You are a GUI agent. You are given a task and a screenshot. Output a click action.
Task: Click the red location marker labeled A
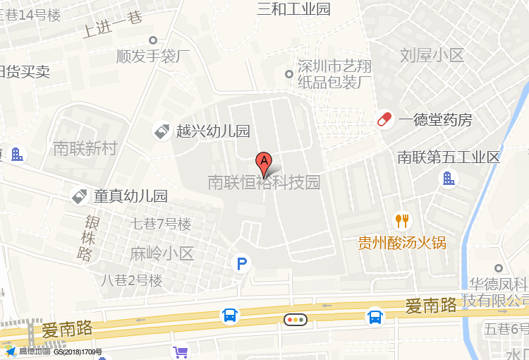(x=264, y=164)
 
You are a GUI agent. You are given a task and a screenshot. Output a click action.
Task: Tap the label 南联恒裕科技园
(x=264, y=183)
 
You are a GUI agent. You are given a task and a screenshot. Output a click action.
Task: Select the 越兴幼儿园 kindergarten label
(x=213, y=131)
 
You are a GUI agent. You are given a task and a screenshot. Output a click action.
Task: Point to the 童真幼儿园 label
(x=130, y=196)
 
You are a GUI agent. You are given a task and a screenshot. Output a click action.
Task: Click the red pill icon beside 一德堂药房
(x=384, y=119)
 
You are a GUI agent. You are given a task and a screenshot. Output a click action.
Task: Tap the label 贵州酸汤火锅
(x=402, y=244)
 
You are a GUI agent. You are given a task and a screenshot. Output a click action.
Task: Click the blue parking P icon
(x=242, y=265)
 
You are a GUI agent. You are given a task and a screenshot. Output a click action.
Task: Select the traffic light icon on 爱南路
(x=296, y=319)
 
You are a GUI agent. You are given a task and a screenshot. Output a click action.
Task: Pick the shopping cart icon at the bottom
(x=181, y=352)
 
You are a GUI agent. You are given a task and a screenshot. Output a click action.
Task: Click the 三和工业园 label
(x=294, y=9)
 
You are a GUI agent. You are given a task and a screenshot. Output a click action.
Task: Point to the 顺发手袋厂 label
(x=153, y=56)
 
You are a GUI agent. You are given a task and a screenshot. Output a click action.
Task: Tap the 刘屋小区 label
(x=432, y=55)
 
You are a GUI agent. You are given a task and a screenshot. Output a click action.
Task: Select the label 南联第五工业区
(x=449, y=157)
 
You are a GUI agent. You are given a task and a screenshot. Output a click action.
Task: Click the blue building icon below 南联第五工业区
(x=448, y=179)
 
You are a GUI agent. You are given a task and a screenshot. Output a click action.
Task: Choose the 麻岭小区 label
(x=162, y=253)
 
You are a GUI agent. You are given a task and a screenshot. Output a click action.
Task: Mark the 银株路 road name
(x=87, y=239)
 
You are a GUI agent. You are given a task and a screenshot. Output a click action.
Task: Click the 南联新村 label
(x=85, y=148)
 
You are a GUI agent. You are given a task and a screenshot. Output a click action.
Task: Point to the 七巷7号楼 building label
(x=162, y=224)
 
